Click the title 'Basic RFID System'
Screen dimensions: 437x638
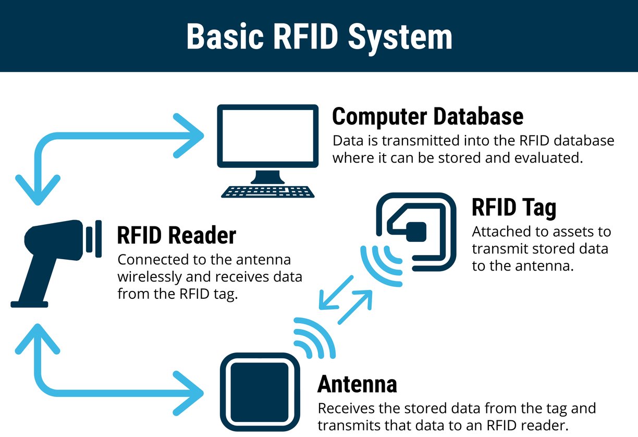tap(318, 37)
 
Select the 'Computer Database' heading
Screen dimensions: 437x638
tap(427, 116)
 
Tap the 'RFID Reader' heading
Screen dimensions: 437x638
tap(176, 235)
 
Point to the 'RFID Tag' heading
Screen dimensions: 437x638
tap(513, 207)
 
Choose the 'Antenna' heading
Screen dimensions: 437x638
tap(357, 384)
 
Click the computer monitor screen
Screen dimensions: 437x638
tap(267, 135)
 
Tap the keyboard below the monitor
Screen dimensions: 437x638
tap(267, 191)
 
